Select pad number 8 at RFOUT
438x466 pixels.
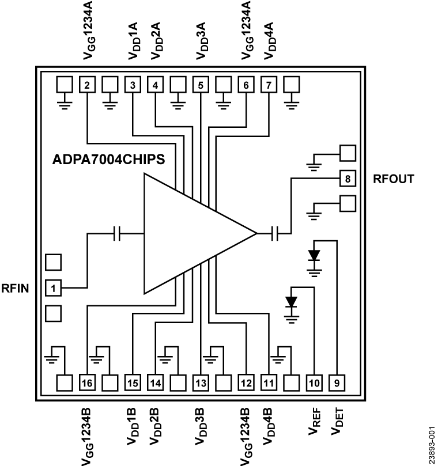tap(348, 178)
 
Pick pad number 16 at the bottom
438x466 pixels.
tap(87, 382)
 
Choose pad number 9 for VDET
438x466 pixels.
tap(337, 382)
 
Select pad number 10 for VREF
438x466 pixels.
tap(314, 382)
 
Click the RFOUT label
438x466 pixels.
tap(394, 179)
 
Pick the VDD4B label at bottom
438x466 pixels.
tap(269, 427)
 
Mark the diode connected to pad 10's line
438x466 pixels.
tap(292, 301)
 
